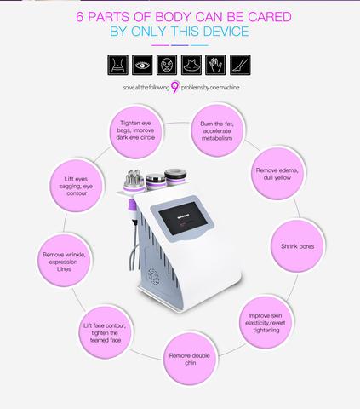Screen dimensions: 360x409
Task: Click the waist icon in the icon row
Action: click(x=117, y=65)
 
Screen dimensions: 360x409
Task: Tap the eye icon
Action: click(x=142, y=65)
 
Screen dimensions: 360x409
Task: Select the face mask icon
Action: click(x=167, y=65)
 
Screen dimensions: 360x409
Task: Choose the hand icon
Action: click(x=215, y=65)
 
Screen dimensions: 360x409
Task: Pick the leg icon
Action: click(x=240, y=65)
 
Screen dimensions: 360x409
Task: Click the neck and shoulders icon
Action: click(x=191, y=65)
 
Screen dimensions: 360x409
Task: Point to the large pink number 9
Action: click(x=175, y=87)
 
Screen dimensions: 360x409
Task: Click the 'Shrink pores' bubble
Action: click(x=298, y=246)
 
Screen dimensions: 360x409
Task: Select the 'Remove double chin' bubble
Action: click(x=190, y=359)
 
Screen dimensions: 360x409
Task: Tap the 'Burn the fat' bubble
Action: click(x=217, y=130)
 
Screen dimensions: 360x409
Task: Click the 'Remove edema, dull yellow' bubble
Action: click(x=277, y=174)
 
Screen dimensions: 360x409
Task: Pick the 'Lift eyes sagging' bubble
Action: click(x=76, y=186)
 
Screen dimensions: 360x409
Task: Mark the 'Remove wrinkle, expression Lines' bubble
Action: click(x=64, y=261)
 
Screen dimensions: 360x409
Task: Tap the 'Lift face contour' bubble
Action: click(x=105, y=332)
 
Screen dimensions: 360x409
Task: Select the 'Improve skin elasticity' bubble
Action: click(x=266, y=323)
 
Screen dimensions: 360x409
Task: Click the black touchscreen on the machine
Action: click(x=183, y=218)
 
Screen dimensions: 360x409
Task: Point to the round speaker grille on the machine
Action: click(x=153, y=276)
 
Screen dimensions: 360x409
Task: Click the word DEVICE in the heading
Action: click(x=226, y=32)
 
